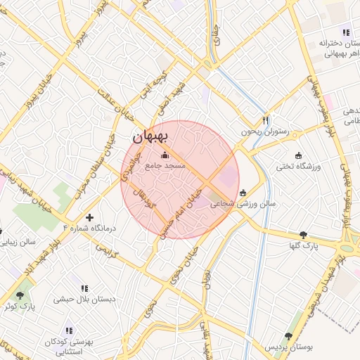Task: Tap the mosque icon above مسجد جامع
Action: click(x=165, y=155)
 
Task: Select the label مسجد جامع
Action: click(x=165, y=167)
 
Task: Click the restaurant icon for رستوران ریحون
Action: click(x=265, y=120)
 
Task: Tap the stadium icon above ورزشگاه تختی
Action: click(x=298, y=155)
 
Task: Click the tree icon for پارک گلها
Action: click(x=303, y=235)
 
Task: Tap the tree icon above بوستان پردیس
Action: click(x=288, y=336)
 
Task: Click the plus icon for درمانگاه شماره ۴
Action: click(x=89, y=217)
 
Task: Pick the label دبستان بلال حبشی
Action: click(x=84, y=300)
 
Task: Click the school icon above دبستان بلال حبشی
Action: click(x=85, y=288)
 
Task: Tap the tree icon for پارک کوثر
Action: click(x=19, y=295)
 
